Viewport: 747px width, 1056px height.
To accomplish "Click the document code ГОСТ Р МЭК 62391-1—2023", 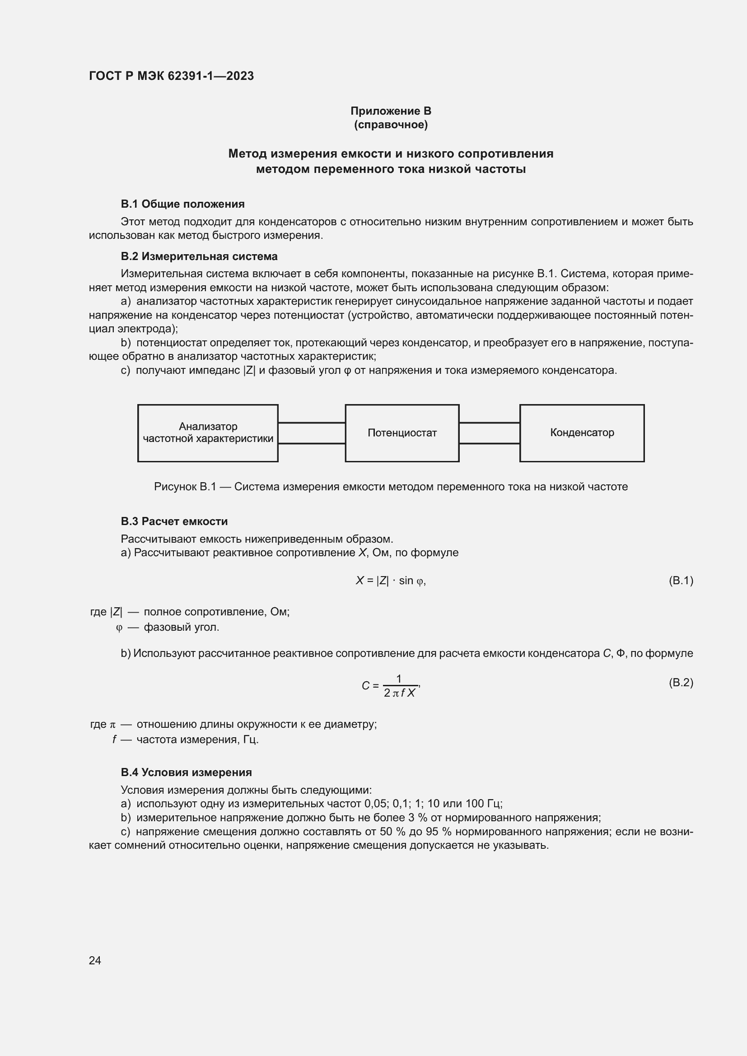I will pyautogui.click(x=171, y=76).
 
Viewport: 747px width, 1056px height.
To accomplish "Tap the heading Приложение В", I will pyautogui.click(x=391, y=111).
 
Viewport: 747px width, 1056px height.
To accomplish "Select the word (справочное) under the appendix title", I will pyautogui.click(x=391, y=125).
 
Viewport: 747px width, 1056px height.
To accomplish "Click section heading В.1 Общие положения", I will pyautogui.click(x=182, y=204).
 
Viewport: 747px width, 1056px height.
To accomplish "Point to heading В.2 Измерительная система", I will pyautogui.click(x=199, y=256).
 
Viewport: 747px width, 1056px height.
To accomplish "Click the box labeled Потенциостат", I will pyautogui.click(x=402, y=433).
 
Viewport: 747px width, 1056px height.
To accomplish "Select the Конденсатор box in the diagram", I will pyautogui.click(x=581, y=433).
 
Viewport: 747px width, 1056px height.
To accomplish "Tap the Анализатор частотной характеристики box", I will pyautogui.click(x=208, y=433).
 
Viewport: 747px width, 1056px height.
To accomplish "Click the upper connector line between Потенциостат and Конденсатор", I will pyautogui.click(x=489, y=423).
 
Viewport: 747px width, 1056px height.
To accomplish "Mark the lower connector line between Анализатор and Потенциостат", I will pyautogui.click(x=312, y=443).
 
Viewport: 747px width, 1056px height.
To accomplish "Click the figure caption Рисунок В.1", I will pyautogui.click(x=391, y=487).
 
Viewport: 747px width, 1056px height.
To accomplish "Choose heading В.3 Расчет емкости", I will pyautogui.click(x=174, y=521).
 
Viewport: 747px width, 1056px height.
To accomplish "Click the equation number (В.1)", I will pyautogui.click(x=680, y=581).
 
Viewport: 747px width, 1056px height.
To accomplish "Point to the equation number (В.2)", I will pyautogui.click(x=680, y=682).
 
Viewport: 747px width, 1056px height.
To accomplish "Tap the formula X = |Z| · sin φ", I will pyautogui.click(x=391, y=581).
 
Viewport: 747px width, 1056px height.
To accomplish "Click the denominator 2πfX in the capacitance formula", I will pyautogui.click(x=399, y=693).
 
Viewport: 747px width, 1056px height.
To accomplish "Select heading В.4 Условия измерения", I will pyautogui.click(x=186, y=772).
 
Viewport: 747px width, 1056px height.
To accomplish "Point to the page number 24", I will pyautogui.click(x=95, y=960).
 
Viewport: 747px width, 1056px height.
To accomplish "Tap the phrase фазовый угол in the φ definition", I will pyautogui.click(x=181, y=627).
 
